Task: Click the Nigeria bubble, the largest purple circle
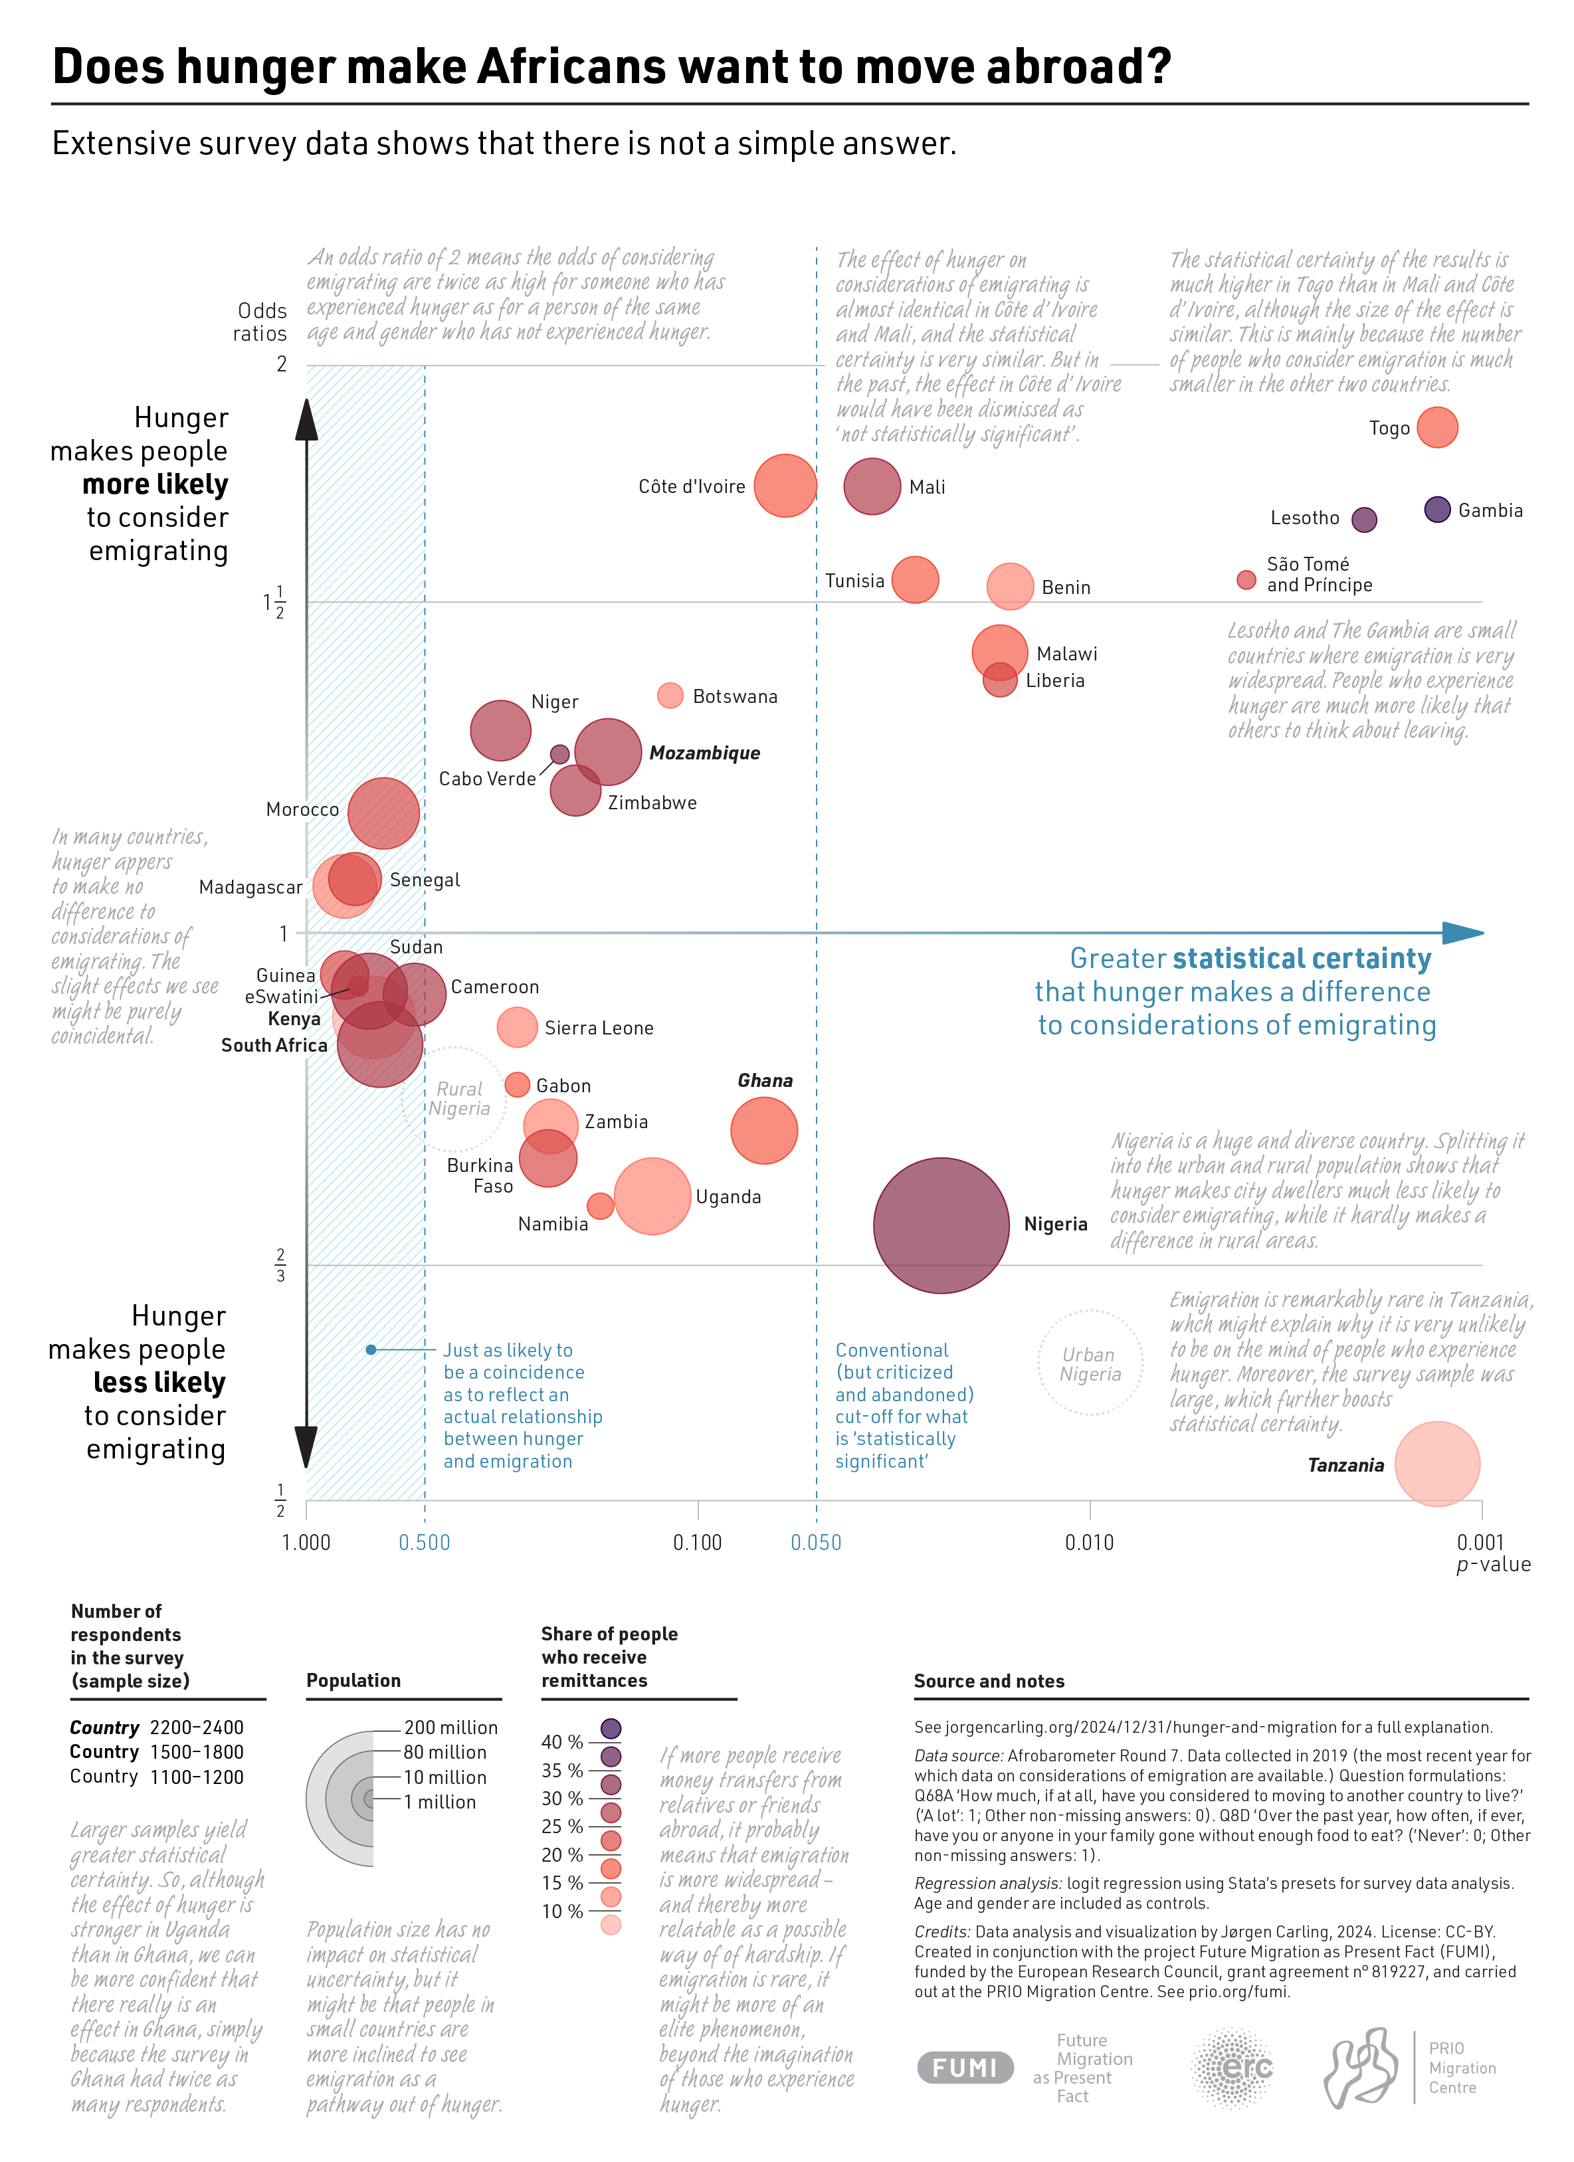[940, 1225]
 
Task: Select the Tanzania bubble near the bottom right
[1436, 1463]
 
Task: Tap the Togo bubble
[1436, 427]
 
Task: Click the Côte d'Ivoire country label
[691, 487]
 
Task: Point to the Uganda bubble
[652, 1197]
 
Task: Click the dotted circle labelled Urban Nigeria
[1090, 1363]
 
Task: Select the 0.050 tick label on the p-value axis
[815, 1542]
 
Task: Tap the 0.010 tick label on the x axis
[1089, 1542]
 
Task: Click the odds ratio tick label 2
[281, 364]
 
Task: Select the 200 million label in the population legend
[450, 1727]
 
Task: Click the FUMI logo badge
[964, 2068]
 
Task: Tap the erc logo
[1232, 2067]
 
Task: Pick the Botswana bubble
[670, 695]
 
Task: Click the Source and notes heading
[989, 1680]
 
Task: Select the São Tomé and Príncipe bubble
[1245, 579]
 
